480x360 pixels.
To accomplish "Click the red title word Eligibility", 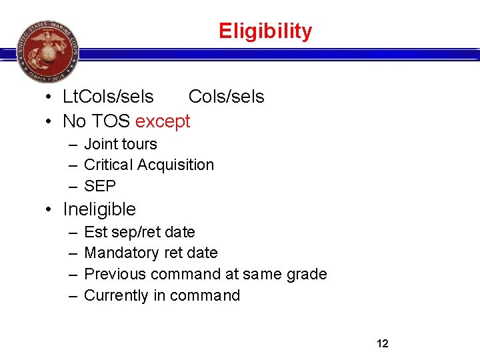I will point(265,31).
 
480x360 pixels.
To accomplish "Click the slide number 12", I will point(382,343).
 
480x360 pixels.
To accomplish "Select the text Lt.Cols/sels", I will point(108,97).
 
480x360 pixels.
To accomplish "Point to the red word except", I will point(163,121).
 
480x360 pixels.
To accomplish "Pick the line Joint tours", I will point(120,144).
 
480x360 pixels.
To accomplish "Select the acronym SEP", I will point(100,186).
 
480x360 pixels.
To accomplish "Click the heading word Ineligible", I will point(99,209).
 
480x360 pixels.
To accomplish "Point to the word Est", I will point(96,232).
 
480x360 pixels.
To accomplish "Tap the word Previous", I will point(115,274).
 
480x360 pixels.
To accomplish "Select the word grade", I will point(305,275).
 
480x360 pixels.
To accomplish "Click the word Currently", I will point(117,295).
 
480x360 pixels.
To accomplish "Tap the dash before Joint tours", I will point(71,144).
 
